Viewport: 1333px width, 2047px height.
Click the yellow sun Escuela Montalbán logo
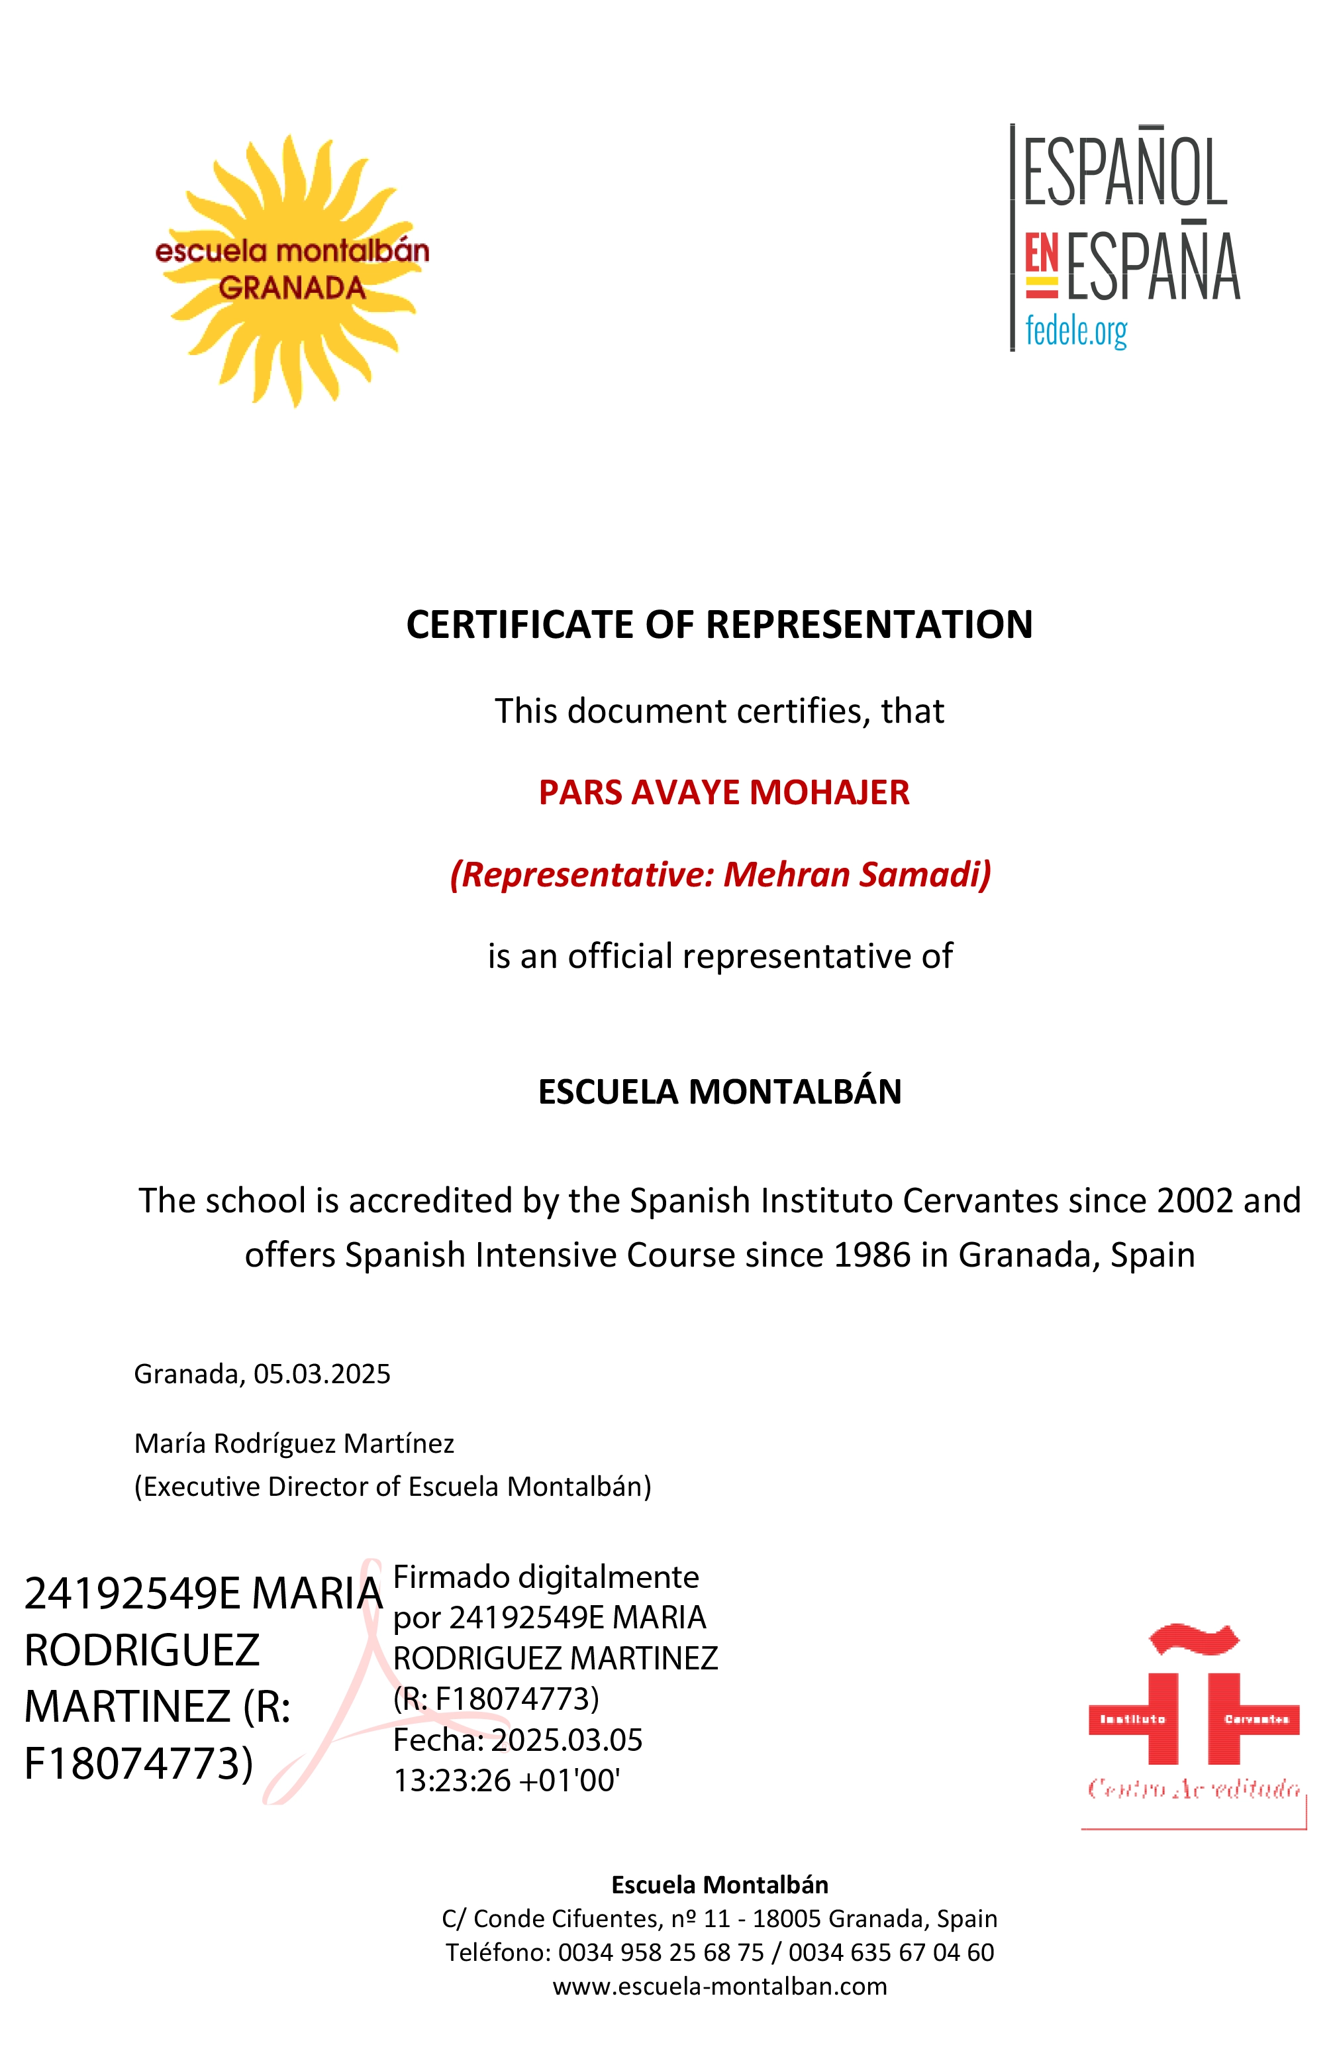[x=293, y=269]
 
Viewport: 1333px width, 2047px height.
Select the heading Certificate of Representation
[x=719, y=625]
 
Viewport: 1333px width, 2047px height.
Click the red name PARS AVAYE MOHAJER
[x=723, y=792]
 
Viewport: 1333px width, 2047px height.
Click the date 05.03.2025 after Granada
[x=322, y=1373]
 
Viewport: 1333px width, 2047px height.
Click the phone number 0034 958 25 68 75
[x=660, y=1952]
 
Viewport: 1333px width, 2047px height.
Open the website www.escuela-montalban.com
[x=719, y=1986]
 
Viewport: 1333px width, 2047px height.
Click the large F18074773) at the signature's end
[x=138, y=1764]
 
